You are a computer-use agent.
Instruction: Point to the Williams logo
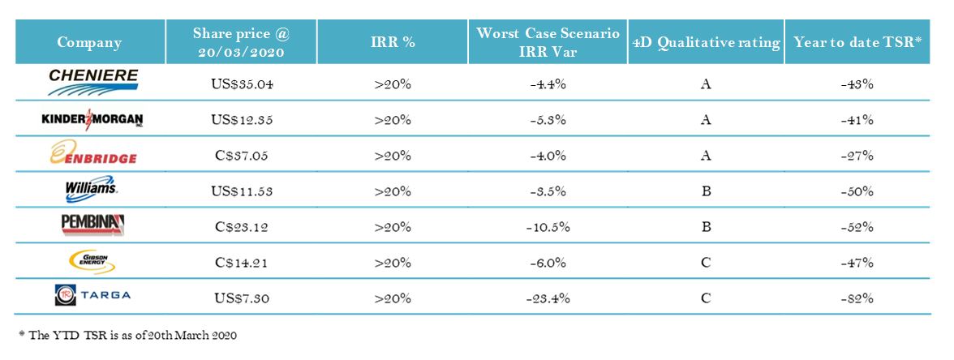(x=92, y=191)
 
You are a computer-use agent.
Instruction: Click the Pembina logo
(x=92, y=225)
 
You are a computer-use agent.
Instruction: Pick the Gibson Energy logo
(x=92, y=262)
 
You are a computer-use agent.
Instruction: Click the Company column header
(x=89, y=43)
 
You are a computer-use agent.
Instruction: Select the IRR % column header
(x=393, y=43)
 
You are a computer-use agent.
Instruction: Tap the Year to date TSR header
(x=857, y=43)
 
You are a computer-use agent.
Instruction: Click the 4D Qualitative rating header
(x=705, y=43)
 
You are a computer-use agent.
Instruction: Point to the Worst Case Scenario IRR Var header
(x=548, y=43)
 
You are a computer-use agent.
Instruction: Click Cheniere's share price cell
(x=241, y=83)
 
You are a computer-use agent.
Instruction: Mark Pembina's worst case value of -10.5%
(x=548, y=226)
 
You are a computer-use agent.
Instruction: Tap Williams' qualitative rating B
(x=705, y=191)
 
